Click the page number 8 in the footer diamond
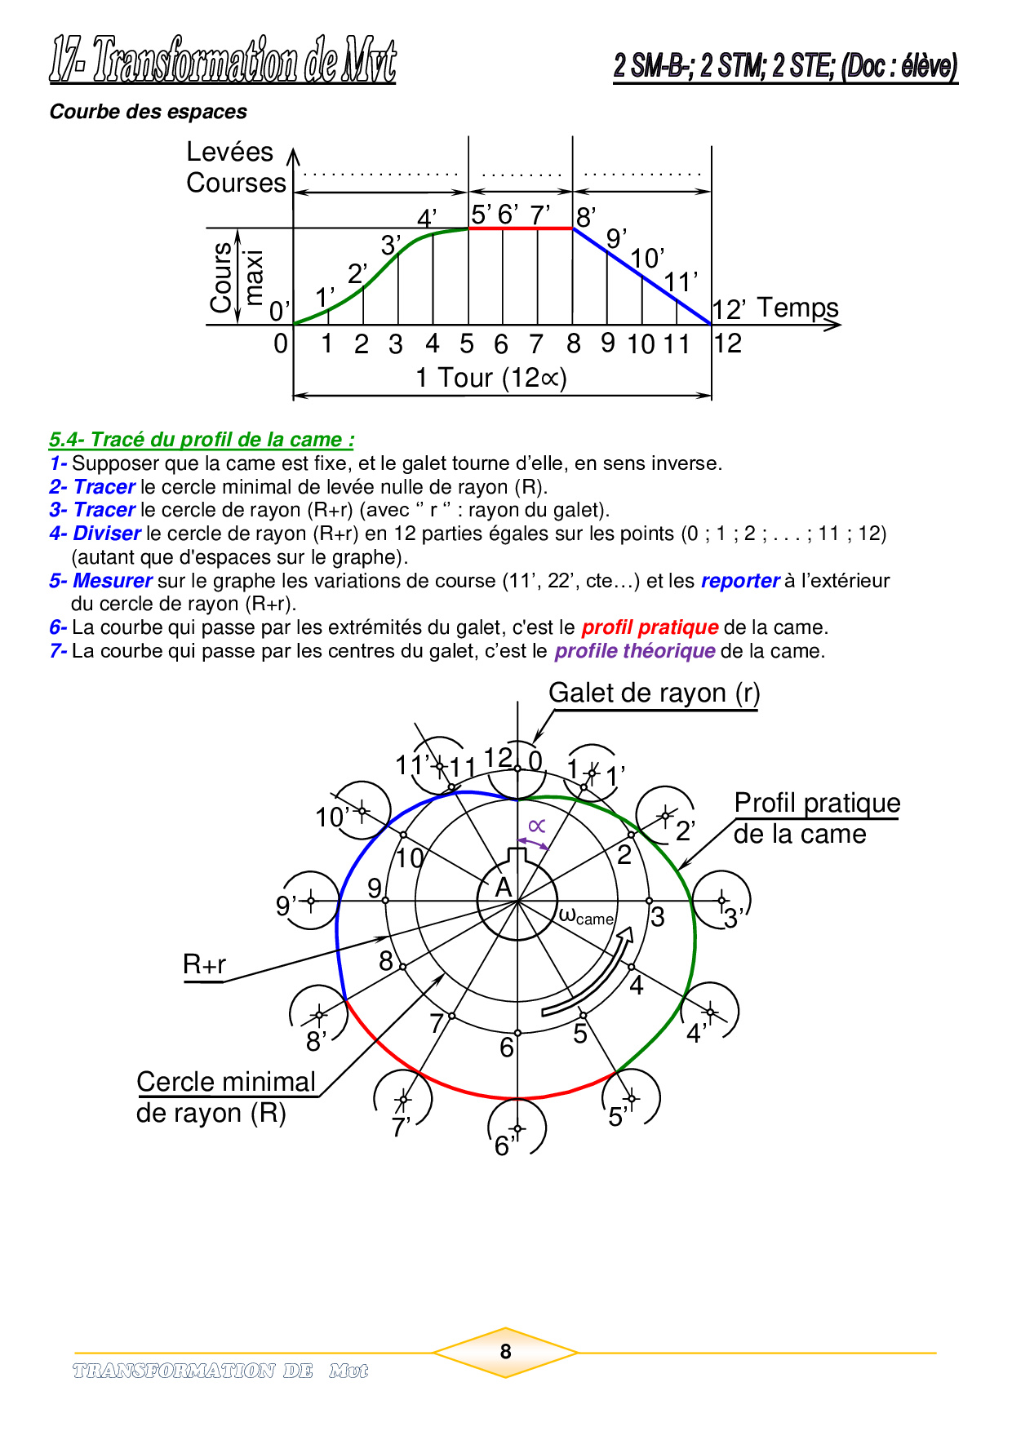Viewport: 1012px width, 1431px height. coord(505,1352)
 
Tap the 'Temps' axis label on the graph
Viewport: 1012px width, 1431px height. coord(797,308)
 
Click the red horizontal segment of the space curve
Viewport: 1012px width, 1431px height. coord(520,228)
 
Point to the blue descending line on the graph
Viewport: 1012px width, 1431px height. coord(642,277)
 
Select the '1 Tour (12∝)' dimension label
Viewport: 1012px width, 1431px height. coord(490,378)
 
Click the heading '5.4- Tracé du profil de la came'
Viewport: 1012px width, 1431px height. coord(202,440)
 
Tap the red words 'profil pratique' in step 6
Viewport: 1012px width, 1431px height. coord(650,627)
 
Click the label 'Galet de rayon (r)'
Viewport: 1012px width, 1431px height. coord(654,693)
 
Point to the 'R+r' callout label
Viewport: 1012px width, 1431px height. coord(204,964)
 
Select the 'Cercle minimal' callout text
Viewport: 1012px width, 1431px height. coord(226,1082)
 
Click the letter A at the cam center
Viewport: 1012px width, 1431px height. coord(504,888)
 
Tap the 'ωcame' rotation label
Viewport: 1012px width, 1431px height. coord(586,916)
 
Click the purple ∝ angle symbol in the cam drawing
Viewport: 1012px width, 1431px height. coord(536,826)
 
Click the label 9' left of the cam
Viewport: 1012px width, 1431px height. coord(286,906)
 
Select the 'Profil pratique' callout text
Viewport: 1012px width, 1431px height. coord(816,803)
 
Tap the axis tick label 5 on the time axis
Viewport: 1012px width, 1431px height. coord(467,344)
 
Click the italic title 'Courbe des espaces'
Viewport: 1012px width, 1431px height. coord(148,112)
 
